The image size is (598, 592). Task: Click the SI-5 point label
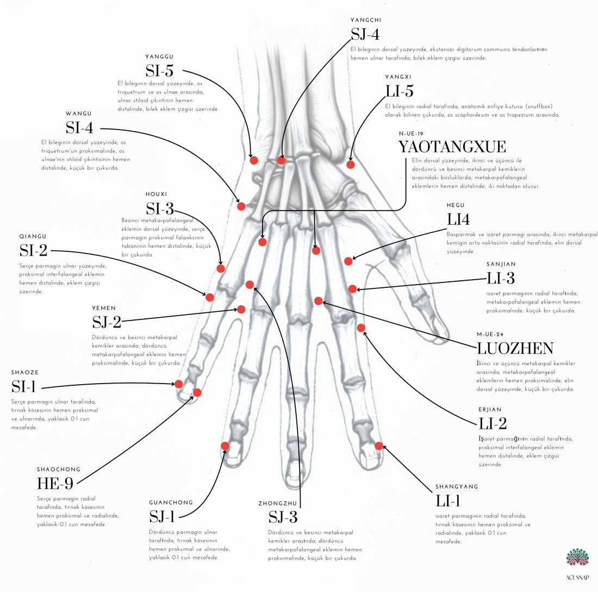(159, 71)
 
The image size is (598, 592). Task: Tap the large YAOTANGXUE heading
(452, 147)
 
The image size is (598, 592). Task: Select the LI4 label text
(458, 219)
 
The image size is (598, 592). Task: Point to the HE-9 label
(55, 484)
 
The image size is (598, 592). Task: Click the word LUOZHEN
(515, 348)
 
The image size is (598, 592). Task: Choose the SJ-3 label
(283, 517)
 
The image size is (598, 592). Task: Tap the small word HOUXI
(156, 194)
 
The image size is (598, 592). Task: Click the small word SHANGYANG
(457, 486)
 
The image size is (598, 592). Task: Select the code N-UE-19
(411, 134)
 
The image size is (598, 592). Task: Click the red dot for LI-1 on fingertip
(379, 446)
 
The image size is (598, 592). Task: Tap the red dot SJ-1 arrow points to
(225, 446)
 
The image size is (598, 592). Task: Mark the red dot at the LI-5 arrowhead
(351, 164)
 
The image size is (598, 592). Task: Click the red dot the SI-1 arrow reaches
(178, 384)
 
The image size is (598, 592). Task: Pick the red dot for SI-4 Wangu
(241, 207)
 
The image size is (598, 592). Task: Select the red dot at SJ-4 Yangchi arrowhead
(281, 161)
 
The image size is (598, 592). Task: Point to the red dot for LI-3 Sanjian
(352, 289)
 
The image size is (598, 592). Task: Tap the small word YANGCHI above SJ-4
(366, 20)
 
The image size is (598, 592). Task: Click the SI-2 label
(34, 251)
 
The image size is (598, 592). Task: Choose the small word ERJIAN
(490, 410)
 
